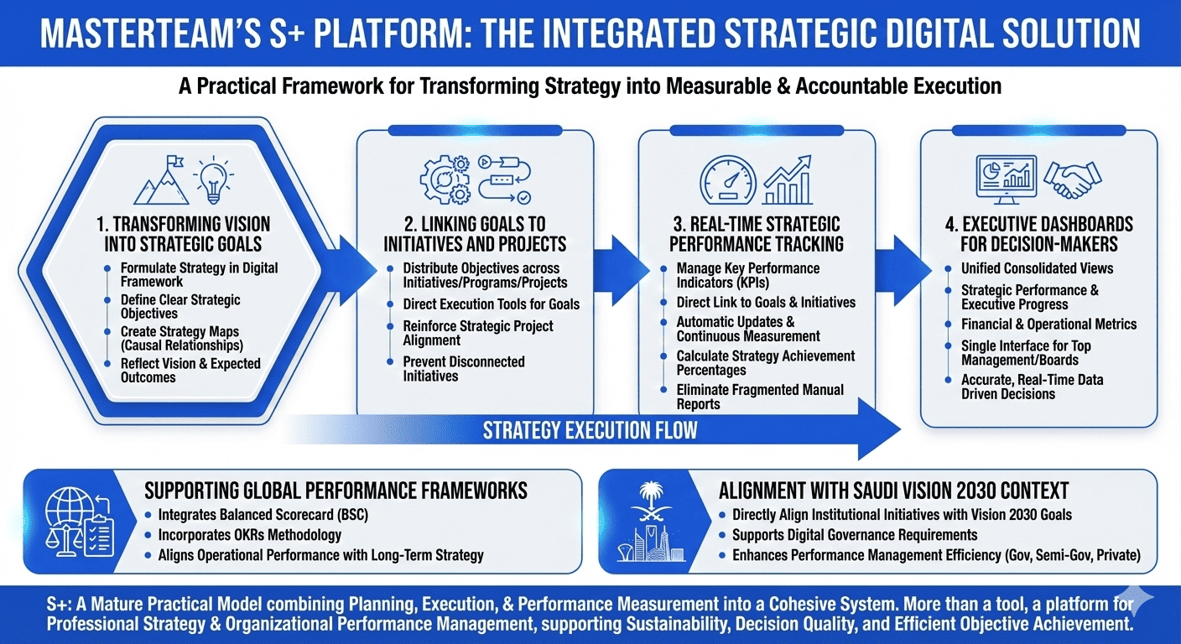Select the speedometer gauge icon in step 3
[727, 179]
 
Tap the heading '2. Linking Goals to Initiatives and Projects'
[475, 234]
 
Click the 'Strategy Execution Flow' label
[590, 431]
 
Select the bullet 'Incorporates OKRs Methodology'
[249, 534]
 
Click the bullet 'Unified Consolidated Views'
[1037, 268]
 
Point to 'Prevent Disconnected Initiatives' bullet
[463, 369]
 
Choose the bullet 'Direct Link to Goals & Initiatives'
[766, 302]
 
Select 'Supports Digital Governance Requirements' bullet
[854, 534]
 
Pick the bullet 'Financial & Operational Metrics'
[1048, 324]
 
